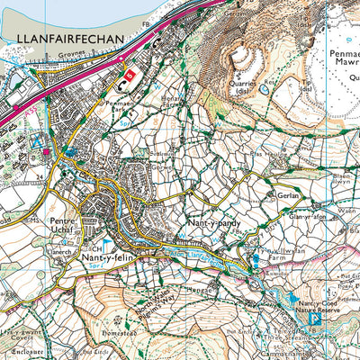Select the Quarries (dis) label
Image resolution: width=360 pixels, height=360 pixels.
[242, 86]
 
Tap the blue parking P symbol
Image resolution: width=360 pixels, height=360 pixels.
[315, 318]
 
